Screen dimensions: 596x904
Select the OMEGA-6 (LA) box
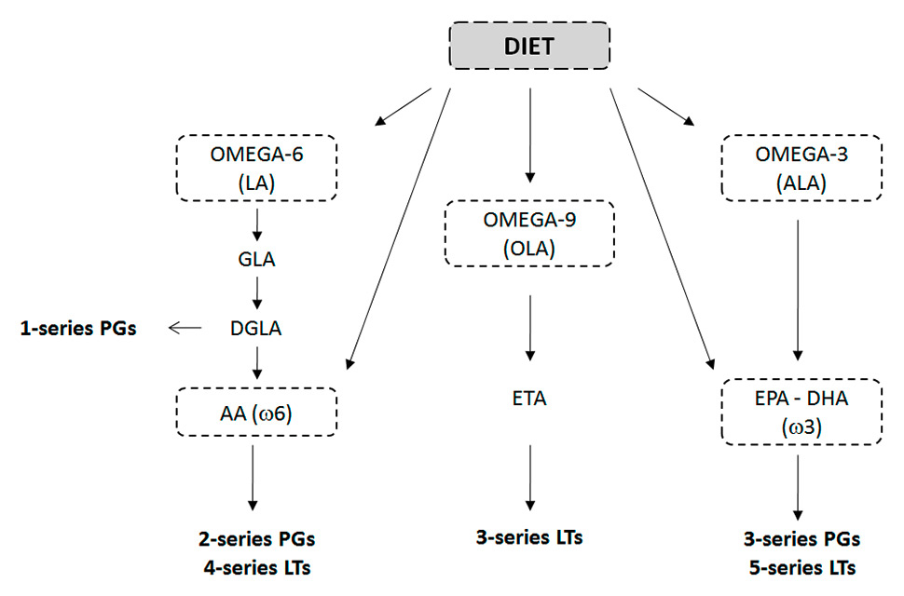tap(256, 168)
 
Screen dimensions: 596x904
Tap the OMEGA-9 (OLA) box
tap(529, 234)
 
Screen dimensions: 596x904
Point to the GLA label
tap(256, 260)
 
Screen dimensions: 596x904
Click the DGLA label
tap(256, 328)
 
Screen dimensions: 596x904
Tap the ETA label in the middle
tap(529, 400)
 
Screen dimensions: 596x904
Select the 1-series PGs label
tap(78, 328)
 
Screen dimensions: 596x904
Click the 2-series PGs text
tap(256, 538)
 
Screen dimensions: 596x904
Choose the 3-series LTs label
tap(529, 537)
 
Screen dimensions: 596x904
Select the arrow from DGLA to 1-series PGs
tap(185, 328)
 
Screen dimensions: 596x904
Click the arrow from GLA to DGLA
tap(256, 293)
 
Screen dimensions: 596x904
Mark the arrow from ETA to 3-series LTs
tap(529, 476)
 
